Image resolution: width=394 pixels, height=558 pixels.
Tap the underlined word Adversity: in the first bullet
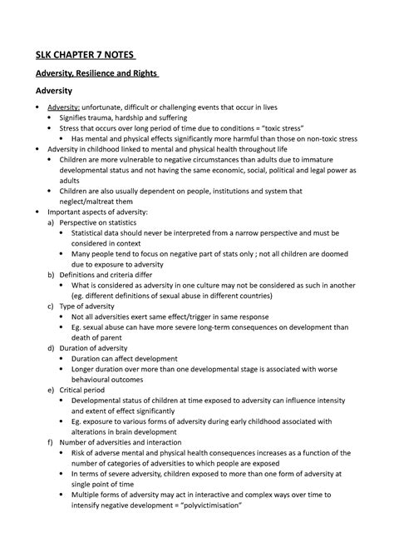coord(63,108)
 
